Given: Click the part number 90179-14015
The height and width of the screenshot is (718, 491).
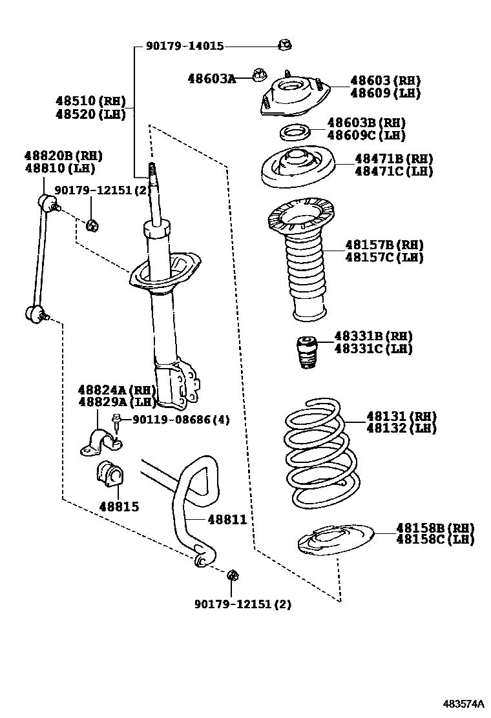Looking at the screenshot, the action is [x=185, y=46].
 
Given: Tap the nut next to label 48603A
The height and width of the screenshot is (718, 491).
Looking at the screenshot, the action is [x=260, y=74].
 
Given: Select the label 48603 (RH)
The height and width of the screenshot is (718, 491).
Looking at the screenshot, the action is [x=385, y=81].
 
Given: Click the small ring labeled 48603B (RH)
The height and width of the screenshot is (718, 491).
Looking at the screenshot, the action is [x=295, y=133].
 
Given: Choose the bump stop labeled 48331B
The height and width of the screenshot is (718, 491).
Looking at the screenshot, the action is [x=307, y=352].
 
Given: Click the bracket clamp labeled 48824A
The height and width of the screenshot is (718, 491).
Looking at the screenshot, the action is [x=101, y=442].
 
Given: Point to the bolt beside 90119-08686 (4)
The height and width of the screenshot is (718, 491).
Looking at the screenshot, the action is [x=117, y=423].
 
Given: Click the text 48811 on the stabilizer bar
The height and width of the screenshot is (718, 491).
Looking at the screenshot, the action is [x=227, y=519].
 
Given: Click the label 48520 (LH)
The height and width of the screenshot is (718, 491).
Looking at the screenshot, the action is [x=90, y=114].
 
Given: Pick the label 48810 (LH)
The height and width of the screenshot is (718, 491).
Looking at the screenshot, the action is [x=60, y=168].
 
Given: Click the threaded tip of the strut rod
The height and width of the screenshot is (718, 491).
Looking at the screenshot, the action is [x=151, y=171].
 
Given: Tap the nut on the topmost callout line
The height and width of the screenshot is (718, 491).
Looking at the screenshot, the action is [x=285, y=45].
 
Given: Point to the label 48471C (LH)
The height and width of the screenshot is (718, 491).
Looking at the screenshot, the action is [x=394, y=171].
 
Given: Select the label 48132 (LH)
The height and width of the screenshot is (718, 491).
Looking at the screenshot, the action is [x=401, y=428].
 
